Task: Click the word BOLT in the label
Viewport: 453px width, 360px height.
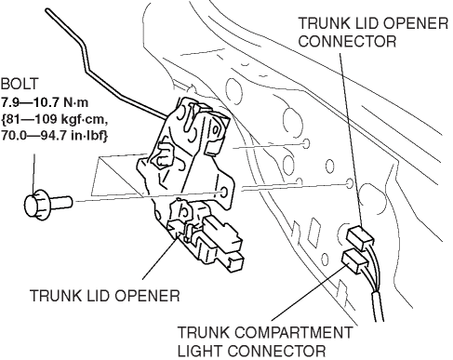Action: [x=20, y=85]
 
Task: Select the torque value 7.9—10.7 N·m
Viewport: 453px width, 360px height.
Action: [x=45, y=101]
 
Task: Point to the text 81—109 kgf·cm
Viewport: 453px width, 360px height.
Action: [x=55, y=119]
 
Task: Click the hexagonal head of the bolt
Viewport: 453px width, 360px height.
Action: [x=35, y=205]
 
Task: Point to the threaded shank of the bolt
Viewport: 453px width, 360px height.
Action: [x=60, y=202]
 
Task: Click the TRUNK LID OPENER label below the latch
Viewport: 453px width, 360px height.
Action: [x=105, y=296]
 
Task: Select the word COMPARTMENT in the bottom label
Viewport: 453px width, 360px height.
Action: [x=293, y=333]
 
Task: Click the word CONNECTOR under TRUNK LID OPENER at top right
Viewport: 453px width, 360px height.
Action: [x=347, y=41]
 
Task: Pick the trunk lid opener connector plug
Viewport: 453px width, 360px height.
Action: [x=360, y=237]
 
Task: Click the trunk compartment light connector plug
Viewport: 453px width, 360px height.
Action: [x=355, y=260]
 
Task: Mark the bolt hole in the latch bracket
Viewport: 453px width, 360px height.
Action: [x=224, y=193]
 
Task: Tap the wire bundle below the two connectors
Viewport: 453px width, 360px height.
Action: [x=378, y=305]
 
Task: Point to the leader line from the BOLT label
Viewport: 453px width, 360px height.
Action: [x=33, y=174]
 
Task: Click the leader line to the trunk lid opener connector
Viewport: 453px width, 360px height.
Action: [x=351, y=140]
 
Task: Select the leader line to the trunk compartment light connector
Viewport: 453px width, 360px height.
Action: [x=308, y=293]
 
